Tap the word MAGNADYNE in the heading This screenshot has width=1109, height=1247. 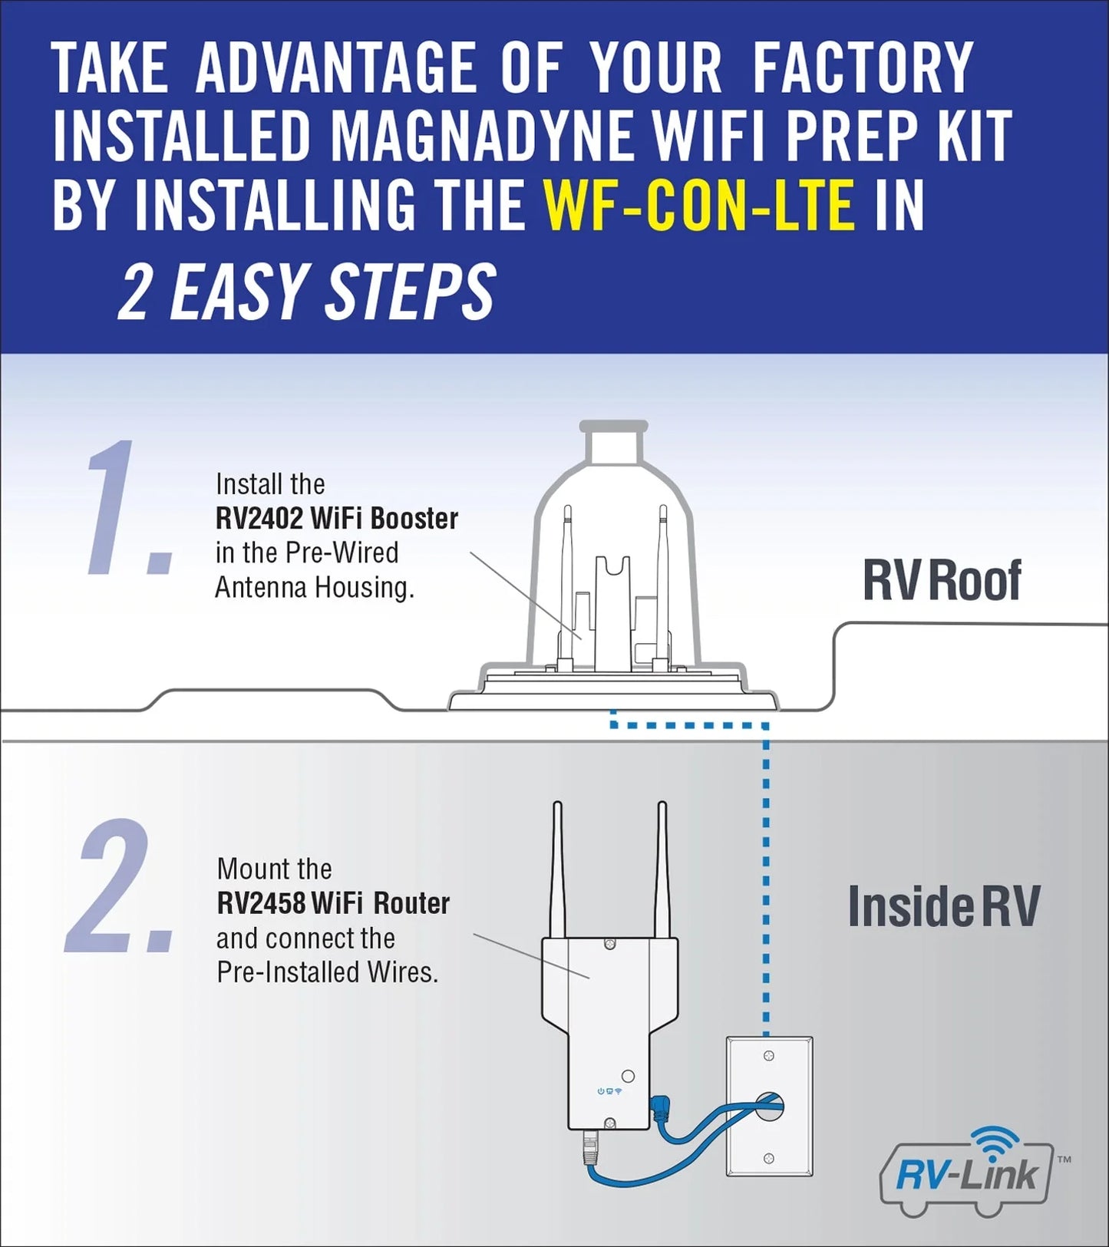(481, 137)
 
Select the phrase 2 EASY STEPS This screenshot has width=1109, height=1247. (307, 292)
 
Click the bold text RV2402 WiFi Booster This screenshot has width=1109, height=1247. (336, 519)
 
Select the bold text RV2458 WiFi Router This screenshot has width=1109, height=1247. (333, 903)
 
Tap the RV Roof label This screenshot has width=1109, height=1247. (941, 581)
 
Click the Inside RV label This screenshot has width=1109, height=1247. (943, 906)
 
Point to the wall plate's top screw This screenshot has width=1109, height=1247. (769, 1057)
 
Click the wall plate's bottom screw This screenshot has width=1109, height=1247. (769, 1158)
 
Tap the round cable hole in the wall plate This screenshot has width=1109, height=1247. (769, 1106)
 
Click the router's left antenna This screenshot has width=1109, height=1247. (558, 867)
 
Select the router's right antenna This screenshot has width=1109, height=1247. (662, 867)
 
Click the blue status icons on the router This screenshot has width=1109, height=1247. (609, 1091)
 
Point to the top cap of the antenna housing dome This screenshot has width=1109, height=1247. (613, 441)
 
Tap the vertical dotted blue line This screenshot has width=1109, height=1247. (766, 882)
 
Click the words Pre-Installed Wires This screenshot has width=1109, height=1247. (328, 972)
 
